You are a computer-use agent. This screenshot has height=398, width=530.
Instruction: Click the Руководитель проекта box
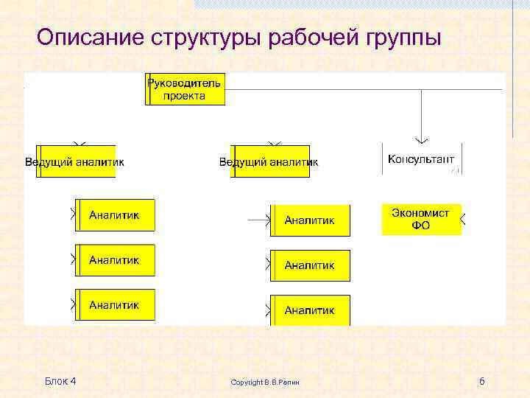tap(185, 89)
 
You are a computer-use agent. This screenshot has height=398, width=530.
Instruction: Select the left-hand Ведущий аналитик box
tap(75, 161)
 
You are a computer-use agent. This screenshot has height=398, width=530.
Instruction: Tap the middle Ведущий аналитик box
tap(269, 161)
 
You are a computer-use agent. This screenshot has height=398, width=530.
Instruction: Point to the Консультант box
tap(421, 159)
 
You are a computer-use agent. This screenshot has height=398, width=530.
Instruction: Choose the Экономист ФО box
tap(421, 219)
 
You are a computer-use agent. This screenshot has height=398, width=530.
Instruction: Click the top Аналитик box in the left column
tap(115, 215)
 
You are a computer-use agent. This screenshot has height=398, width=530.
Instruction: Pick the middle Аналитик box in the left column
tap(115, 260)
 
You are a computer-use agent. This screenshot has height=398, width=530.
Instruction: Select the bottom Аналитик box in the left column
tap(115, 304)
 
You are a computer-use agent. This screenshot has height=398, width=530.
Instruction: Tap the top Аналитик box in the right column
tap(310, 220)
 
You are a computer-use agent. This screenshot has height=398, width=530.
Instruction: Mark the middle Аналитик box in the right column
tap(310, 265)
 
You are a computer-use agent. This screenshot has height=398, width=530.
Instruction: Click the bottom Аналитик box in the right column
tap(310, 310)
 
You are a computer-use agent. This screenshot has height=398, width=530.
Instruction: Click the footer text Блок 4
tap(60, 380)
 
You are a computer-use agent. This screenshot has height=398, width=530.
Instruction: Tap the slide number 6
tap(481, 381)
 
